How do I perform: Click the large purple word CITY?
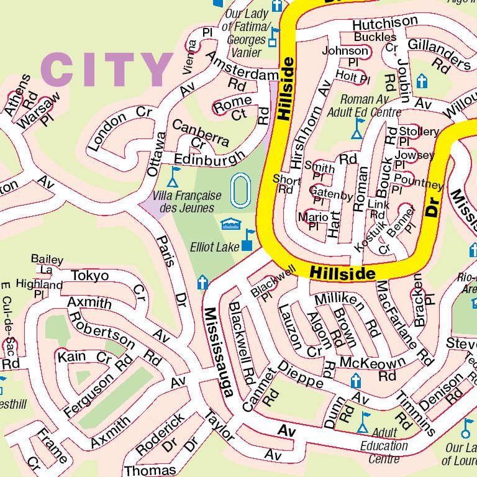coord(107,70)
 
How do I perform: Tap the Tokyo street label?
coord(89,275)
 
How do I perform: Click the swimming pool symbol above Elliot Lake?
coord(230,222)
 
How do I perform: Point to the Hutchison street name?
coord(384,23)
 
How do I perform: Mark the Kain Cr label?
coord(82,357)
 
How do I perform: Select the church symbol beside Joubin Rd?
coord(422,81)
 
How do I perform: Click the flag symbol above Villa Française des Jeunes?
coord(175,176)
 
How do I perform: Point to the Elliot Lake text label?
coord(215,247)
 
